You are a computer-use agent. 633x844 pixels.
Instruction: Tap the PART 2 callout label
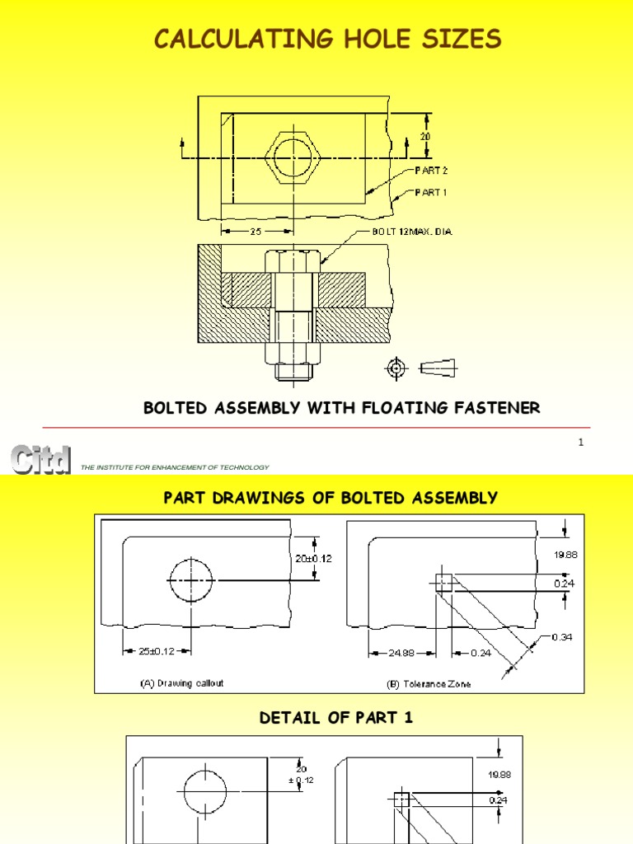[x=433, y=171]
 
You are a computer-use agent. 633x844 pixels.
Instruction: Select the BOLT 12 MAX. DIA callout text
[x=410, y=232]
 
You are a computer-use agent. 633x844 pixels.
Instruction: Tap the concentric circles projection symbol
[x=397, y=366]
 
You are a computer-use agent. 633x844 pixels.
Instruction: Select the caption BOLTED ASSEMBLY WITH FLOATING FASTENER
[x=342, y=408]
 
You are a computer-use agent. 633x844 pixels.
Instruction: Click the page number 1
[x=580, y=443]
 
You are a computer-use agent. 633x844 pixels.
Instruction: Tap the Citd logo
[x=40, y=460]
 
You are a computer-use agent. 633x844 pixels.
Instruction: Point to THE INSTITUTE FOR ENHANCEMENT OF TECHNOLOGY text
[x=175, y=467]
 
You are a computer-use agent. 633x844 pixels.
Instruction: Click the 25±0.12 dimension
[x=157, y=651]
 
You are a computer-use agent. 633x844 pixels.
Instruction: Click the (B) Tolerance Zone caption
[x=429, y=684]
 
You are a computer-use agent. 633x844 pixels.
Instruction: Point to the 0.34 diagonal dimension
[x=541, y=636]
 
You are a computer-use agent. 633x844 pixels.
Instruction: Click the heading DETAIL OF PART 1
[x=336, y=718]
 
